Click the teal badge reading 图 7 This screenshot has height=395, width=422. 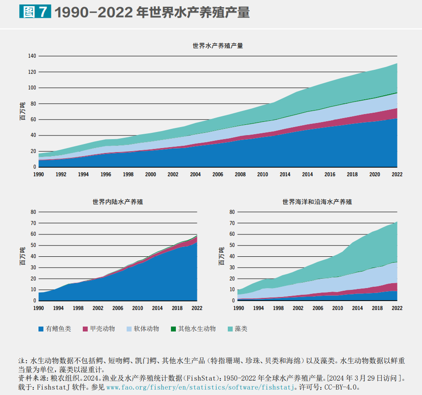34,12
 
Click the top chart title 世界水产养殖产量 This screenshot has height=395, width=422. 217,46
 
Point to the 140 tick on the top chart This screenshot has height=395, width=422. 32,56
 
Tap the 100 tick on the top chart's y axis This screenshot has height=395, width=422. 32,88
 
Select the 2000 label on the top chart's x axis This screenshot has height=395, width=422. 150,174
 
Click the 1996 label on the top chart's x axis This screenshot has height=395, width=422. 106,174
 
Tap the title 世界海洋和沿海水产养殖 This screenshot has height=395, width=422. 317,202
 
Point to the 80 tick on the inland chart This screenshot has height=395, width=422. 33,212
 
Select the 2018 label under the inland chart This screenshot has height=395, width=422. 177,308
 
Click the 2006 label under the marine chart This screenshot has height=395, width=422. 318,308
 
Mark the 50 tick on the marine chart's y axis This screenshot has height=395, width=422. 232,245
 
